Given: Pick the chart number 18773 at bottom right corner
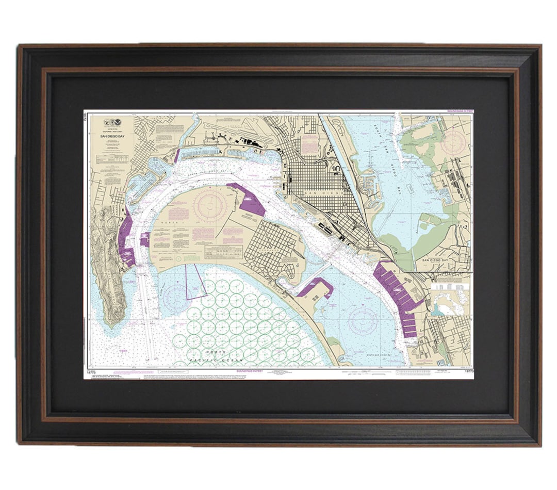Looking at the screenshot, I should (469, 372).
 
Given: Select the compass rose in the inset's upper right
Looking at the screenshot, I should (454, 140).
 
